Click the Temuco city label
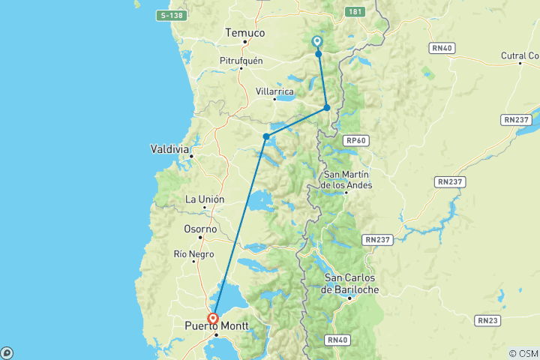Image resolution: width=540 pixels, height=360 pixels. tap(245, 33)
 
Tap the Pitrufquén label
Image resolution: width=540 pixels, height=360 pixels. tap(241, 61)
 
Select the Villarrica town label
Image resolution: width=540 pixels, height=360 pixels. tap(275, 91)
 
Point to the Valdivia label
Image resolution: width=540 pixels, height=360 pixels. tap(169, 148)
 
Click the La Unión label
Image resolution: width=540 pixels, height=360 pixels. tap(205, 199)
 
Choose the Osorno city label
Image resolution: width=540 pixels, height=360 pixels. tap(200, 229)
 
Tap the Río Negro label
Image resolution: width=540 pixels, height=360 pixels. tap(194, 253)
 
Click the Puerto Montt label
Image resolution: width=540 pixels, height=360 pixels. tap(217, 325)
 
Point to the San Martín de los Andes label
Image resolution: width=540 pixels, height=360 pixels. tap(346, 180)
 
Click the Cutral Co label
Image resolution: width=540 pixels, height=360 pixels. tap(521, 55)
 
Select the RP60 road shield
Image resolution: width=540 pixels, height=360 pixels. tap(355, 139)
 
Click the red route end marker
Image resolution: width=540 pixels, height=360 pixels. tap(213, 318)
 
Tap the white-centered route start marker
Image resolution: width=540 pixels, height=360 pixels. tap(317, 42)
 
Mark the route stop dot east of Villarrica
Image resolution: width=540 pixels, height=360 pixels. tap(327, 108)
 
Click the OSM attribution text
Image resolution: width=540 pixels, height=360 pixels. tap(523, 353)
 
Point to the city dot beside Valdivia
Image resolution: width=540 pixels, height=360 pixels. tap(192, 155)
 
